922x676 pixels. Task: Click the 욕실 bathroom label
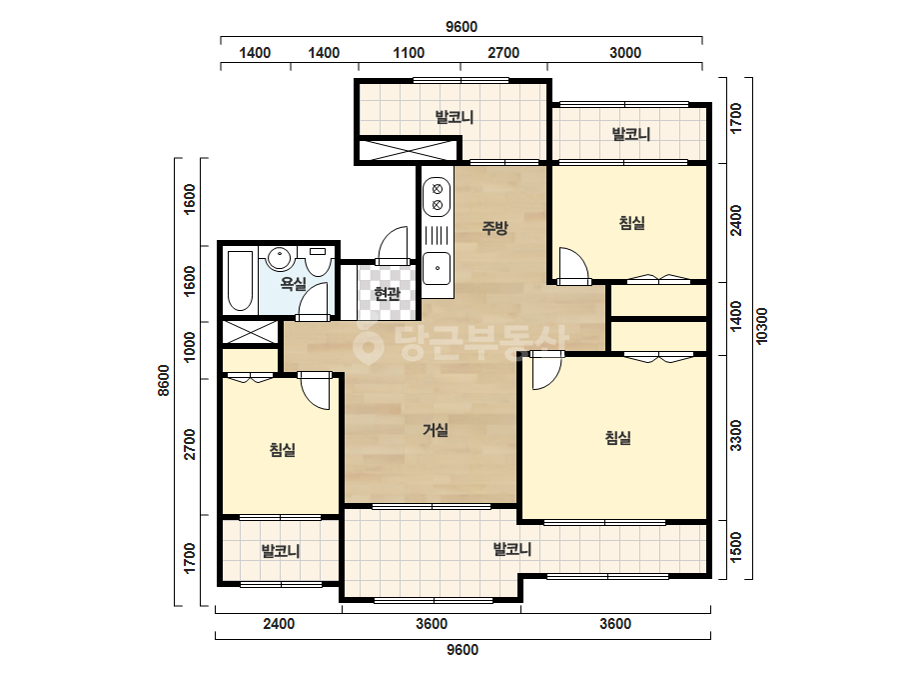(x=293, y=284)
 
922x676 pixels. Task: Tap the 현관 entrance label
(x=387, y=293)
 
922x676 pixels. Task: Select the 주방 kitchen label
(x=495, y=227)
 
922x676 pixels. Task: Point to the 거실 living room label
(x=436, y=430)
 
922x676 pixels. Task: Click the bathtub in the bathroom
(x=240, y=281)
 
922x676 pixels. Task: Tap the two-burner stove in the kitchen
(x=437, y=197)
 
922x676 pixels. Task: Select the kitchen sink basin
(x=437, y=268)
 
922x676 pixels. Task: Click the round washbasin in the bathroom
(x=278, y=258)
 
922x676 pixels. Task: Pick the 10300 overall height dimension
(x=761, y=326)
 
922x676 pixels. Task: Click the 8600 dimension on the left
(x=164, y=380)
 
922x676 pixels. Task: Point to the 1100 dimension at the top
(x=409, y=53)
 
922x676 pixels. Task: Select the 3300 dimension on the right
(x=735, y=436)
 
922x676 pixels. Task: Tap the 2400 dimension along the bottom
(x=279, y=624)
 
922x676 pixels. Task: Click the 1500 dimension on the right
(x=735, y=548)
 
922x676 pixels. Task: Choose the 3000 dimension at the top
(x=625, y=53)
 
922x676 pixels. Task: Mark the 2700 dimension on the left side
(x=189, y=445)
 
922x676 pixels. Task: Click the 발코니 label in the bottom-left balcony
(x=281, y=551)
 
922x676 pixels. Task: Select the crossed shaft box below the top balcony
(x=407, y=150)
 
